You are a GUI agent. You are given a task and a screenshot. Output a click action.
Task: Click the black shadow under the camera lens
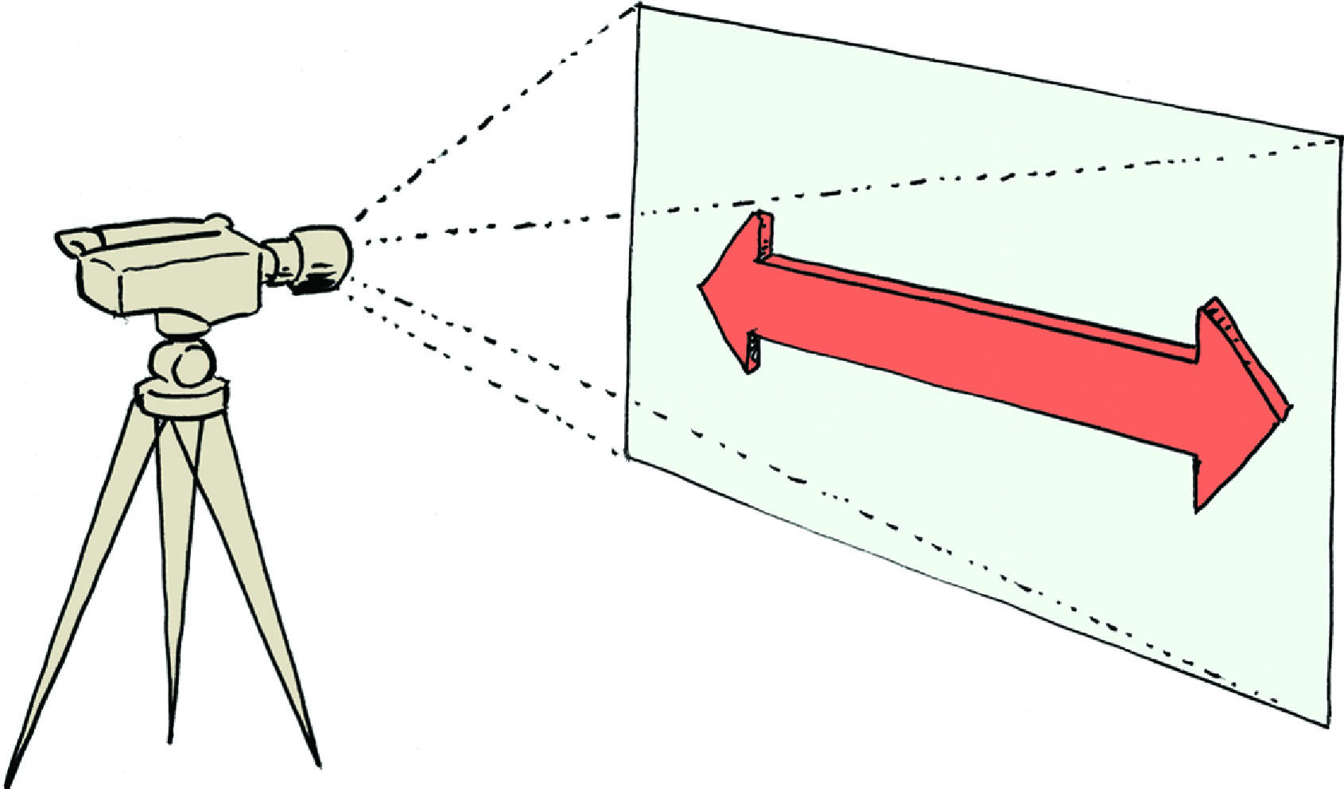click(x=318, y=285)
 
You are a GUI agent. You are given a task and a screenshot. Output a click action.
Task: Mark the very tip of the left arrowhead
click(x=701, y=287)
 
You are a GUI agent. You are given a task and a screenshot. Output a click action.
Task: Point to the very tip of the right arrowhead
click(x=1290, y=406)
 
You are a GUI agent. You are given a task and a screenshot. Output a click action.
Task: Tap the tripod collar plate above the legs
click(x=181, y=395)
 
